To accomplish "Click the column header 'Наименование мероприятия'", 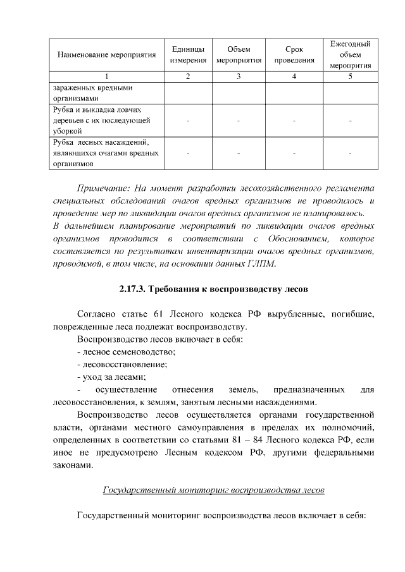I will point(107,54).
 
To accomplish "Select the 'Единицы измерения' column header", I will point(187,54).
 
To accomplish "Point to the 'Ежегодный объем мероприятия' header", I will point(350,54).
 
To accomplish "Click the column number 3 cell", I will point(238,76).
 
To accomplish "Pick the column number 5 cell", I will point(350,76).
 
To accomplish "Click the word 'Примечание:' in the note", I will point(102,189).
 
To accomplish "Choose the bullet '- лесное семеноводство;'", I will point(126,351).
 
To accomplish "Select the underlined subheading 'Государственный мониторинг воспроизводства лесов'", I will point(213,490).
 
